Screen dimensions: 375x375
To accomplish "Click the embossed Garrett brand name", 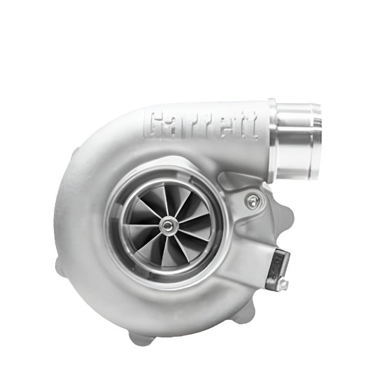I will click(x=201, y=125).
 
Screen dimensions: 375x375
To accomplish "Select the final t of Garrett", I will click(x=253, y=127).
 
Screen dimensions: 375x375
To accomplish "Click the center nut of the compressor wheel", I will click(x=166, y=225).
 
